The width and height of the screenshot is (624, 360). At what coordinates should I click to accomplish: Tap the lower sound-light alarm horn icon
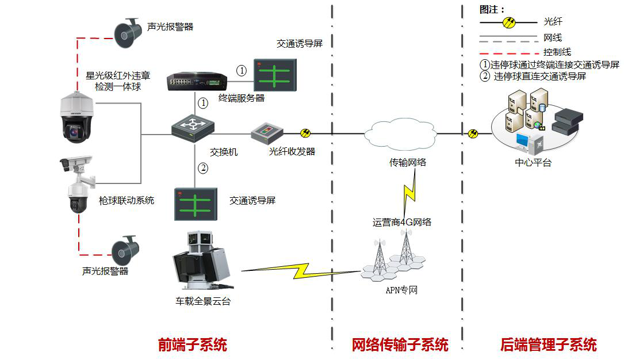coord(126,249)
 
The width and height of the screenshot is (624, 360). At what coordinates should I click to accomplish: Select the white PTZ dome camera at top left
coord(77,118)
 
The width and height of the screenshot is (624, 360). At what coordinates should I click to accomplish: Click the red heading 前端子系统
coord(193,345)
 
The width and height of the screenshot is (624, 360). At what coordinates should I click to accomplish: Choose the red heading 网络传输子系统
coord(400,345)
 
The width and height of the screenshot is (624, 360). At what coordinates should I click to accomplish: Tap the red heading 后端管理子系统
coord(549,345)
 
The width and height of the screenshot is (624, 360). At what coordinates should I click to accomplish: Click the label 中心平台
coord(533,163)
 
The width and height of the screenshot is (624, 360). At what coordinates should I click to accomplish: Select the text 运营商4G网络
coord(402,222)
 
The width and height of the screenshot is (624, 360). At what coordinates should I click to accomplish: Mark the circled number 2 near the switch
coord(202,168)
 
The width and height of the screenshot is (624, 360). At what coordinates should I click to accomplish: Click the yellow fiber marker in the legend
coord(509,22)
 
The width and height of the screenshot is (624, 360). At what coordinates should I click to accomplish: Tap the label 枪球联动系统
coord(127,201)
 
